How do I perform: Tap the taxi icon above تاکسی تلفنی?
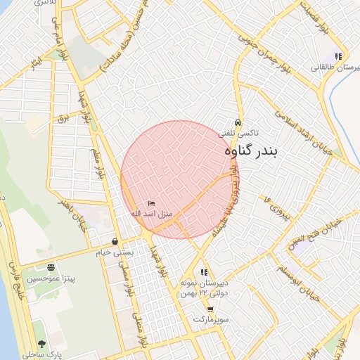point(238,122)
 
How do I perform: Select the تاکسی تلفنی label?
point(238,132)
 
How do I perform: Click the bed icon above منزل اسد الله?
point(151,203)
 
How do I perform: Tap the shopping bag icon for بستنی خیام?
point(115,242)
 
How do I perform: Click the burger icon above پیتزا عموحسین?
point(51,267)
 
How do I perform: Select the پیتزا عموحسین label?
point(51,278)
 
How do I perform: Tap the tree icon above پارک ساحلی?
point(41,344)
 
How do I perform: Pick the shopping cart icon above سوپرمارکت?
point(210,309)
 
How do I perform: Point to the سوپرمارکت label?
point(212,319)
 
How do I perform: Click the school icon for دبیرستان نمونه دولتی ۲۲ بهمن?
point(204,272)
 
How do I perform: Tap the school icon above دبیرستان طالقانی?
point(338,56)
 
